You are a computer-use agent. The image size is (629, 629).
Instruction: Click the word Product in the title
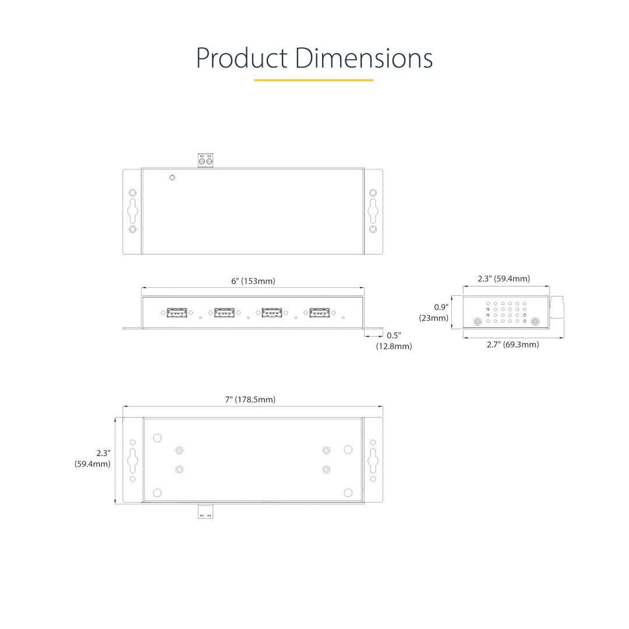point(242,58)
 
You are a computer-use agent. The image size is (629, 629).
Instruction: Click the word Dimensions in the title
point(364,58)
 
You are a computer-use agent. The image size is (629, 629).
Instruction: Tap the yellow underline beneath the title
point(314,80)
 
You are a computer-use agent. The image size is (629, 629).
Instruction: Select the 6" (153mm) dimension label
point(253,281)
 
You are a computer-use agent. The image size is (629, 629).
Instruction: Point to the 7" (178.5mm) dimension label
point(250,400)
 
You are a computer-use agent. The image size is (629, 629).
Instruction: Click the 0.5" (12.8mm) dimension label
point(394,341)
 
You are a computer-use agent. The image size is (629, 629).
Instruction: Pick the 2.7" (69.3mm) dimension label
point(513,345)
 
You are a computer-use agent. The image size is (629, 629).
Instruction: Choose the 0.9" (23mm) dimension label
point(434,313)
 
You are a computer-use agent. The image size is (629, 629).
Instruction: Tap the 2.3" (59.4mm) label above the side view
point(504,279)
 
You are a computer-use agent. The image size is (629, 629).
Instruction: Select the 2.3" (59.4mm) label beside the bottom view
point(93,458)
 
